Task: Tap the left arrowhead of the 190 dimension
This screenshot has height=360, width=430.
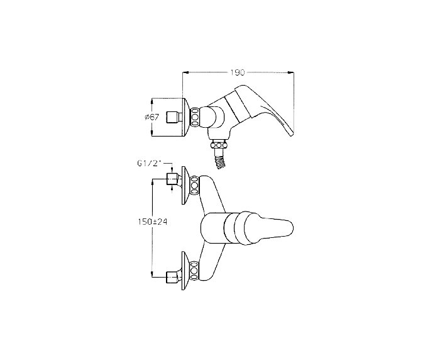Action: coord(185,73)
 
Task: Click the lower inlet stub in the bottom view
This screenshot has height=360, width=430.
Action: coord(171,275)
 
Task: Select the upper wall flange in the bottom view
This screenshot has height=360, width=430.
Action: coord(184,184)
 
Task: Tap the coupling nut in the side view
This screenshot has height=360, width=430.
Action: coord(197,117)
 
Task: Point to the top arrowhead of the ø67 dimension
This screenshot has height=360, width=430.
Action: coord(153,99)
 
